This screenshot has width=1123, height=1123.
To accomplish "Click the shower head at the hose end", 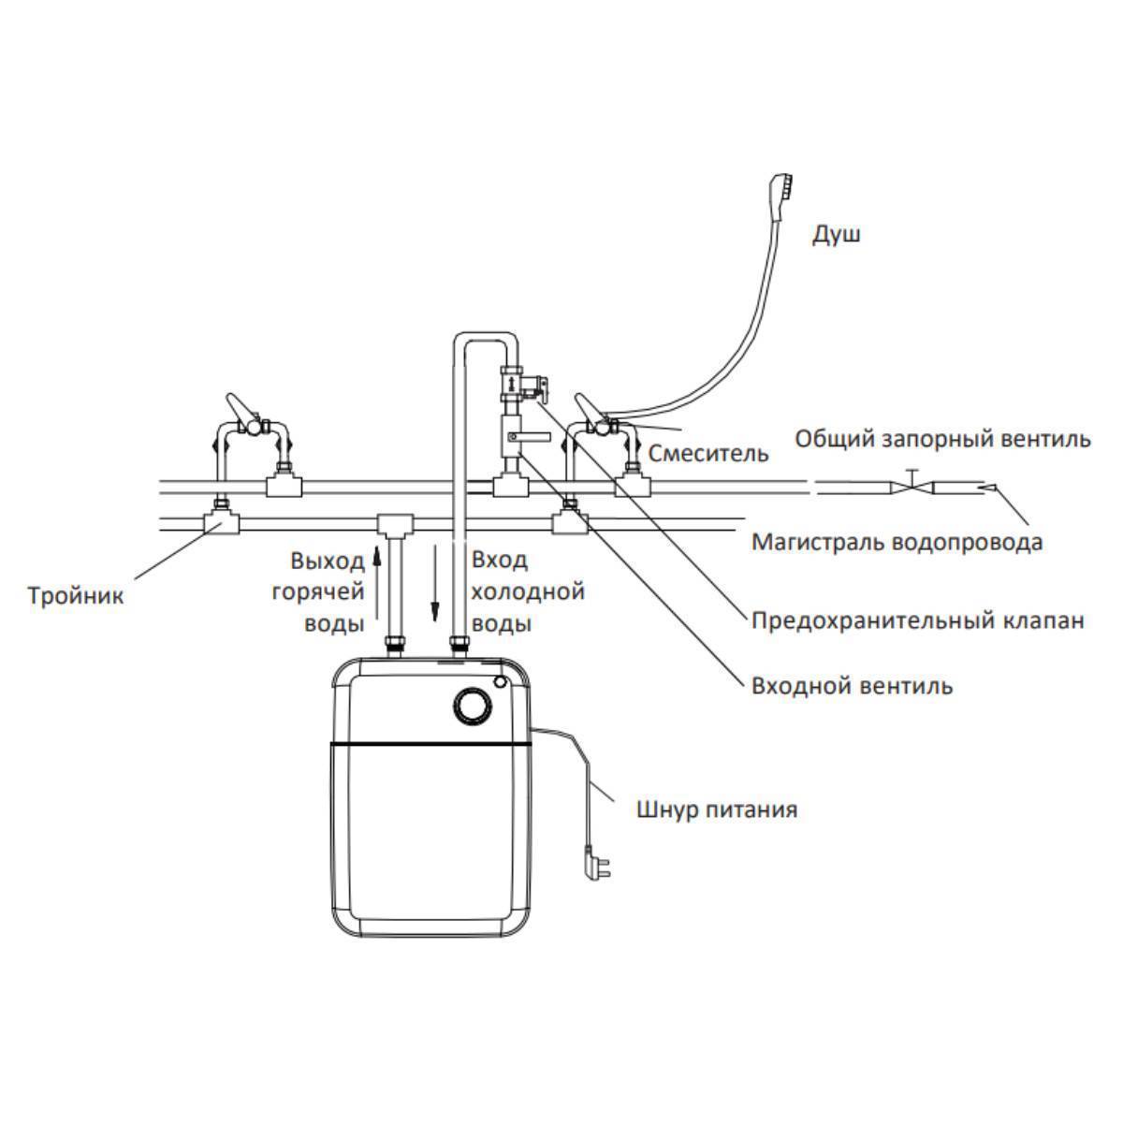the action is (x=780, y=197).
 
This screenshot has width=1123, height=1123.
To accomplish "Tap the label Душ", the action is (x=836, y=235).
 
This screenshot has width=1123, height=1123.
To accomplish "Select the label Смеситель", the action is (x=708, y=453).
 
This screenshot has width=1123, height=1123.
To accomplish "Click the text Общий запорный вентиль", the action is (x=942, y=438).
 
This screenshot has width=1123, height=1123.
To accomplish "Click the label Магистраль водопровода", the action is (x=897, y=542).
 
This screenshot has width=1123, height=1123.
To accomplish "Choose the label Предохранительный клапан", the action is (x=918, y=620).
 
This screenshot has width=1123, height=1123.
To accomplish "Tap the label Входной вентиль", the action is (x=852, y=685).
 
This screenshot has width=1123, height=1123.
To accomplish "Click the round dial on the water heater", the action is (x=472, y=707).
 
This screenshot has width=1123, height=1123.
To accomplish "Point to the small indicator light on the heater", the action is (x=500, y=681).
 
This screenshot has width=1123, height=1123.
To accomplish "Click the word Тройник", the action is (x=76, y=595).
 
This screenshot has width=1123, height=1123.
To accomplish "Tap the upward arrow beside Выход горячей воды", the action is (x=377, y=582).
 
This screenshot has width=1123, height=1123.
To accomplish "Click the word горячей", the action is (x=318, y=592).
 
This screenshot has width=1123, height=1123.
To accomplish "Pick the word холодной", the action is (x=528, y=591).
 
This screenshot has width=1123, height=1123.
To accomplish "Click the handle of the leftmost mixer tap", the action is (x=239, y=406).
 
